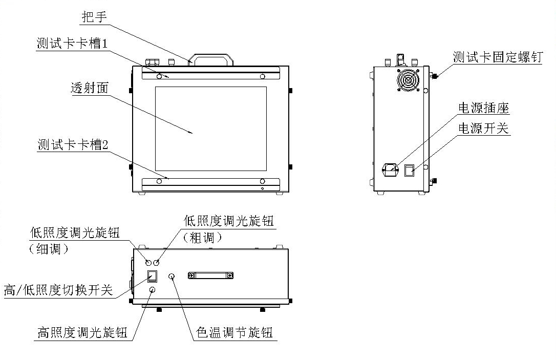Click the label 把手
pyautogui.click(x=94, y=17)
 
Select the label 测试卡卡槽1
pyautogui.click(x=72, y=43)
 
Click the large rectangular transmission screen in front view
pyautogui.click(x=210, y=129)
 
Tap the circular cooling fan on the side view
pyautogui.click(x=408, y=80)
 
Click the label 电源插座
pyautogui.click(x=483, y=108)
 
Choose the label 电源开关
pyautogui.click(x=483, y=128)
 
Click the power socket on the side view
pyautogui.click(x=390, y=168)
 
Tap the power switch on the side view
pyautogui.click(x=409, y=170)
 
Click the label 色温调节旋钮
pyautogui.click(x=235, y=333)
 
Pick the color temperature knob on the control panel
pyautogui.click(x=172, y=277)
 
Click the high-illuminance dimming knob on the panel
pyautogui.click(x=152, y=290)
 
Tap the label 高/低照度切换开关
pyautogui.click(x=58, y=290)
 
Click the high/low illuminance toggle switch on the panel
pyautogui.click(x=152, y=277)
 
